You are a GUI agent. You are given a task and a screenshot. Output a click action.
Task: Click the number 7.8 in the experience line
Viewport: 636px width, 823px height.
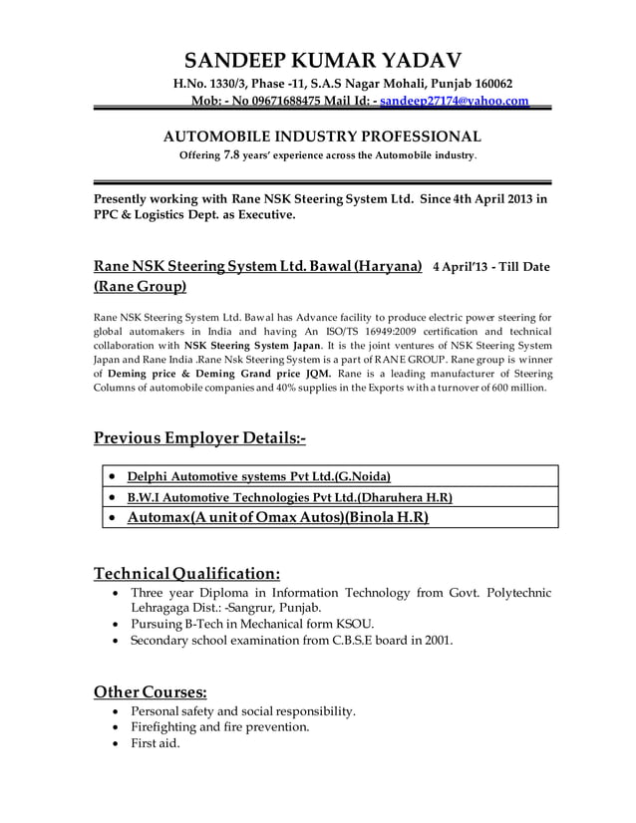point(231,155)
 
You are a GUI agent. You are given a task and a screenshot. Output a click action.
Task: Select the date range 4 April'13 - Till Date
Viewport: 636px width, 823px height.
point(490,267)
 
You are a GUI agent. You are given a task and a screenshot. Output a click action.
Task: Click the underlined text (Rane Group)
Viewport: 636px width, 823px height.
point(140,288)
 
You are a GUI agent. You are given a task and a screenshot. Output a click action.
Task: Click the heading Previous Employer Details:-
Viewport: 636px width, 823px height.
point(199,438)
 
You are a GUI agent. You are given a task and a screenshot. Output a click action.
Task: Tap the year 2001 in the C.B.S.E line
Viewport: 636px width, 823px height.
point(436,641)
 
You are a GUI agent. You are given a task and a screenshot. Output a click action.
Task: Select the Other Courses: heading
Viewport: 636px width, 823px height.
point(151,691)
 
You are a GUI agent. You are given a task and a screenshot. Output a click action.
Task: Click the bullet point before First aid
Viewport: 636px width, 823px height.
point(120,743)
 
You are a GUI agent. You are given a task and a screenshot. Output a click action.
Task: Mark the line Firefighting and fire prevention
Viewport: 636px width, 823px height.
point(219,726)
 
